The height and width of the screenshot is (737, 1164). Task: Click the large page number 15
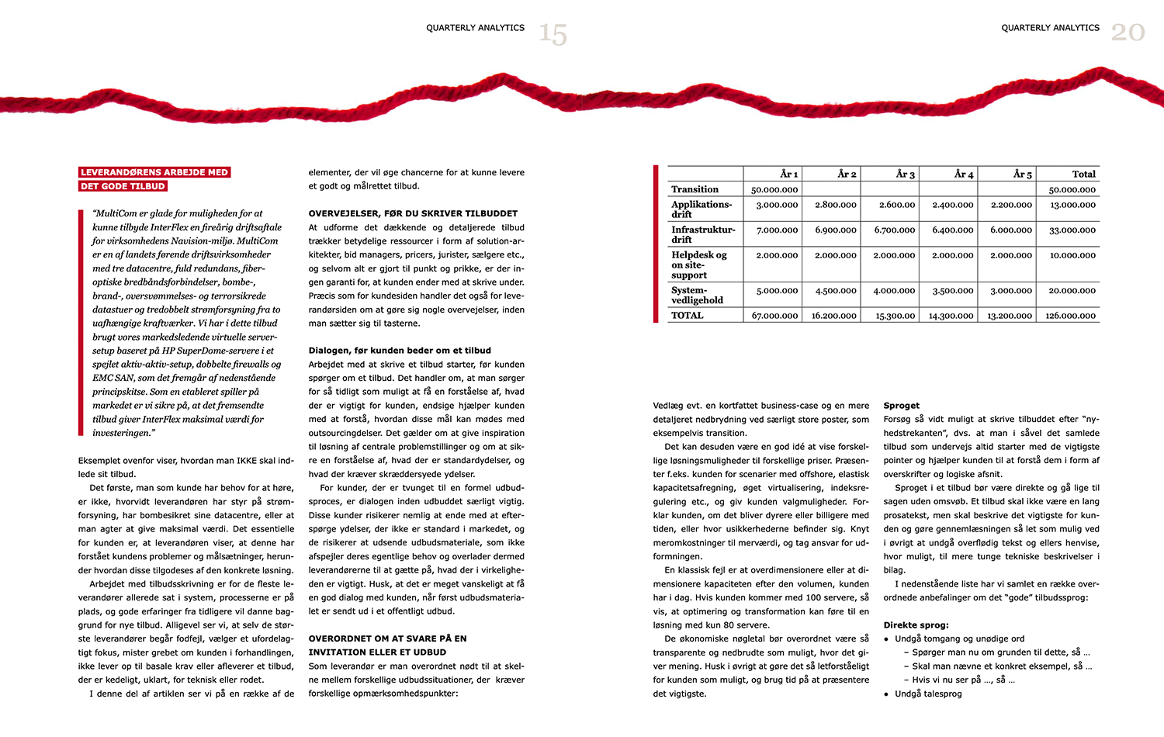pos(553,33)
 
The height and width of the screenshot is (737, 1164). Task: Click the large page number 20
pos(1128,32)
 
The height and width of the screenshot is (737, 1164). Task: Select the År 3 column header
pos(905,174)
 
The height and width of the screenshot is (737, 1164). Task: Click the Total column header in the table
pos(1083,174)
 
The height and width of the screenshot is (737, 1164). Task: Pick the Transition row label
pos(695,189)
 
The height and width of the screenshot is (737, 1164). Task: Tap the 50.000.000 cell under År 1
pos(774,189)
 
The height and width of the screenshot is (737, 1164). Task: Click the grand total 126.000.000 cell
pos(1070,316)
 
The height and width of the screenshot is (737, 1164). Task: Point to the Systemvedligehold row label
pos(697,295)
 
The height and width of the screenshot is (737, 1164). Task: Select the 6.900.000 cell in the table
pos(835,230)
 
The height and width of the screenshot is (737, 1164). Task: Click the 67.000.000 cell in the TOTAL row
pos(774,316)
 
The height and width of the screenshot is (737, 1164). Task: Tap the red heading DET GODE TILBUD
pos(123,186)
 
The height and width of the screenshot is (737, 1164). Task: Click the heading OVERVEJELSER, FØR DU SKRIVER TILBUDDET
pos(413,213)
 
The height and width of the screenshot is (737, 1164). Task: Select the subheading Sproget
pos(901,406)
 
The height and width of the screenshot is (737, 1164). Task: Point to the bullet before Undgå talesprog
pos(886,694)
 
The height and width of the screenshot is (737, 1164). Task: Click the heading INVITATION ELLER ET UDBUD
pos(377,652)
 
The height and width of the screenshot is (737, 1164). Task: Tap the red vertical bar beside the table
pos(656,243)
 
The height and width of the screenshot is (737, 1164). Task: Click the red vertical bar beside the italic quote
pos(81,322)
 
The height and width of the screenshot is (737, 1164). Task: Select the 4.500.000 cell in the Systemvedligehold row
pos(835,291)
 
